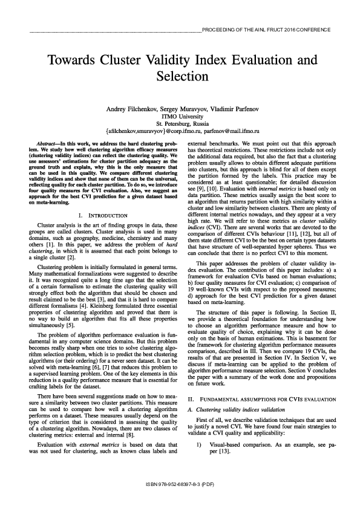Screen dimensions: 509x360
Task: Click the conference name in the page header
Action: coord(266,30)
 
